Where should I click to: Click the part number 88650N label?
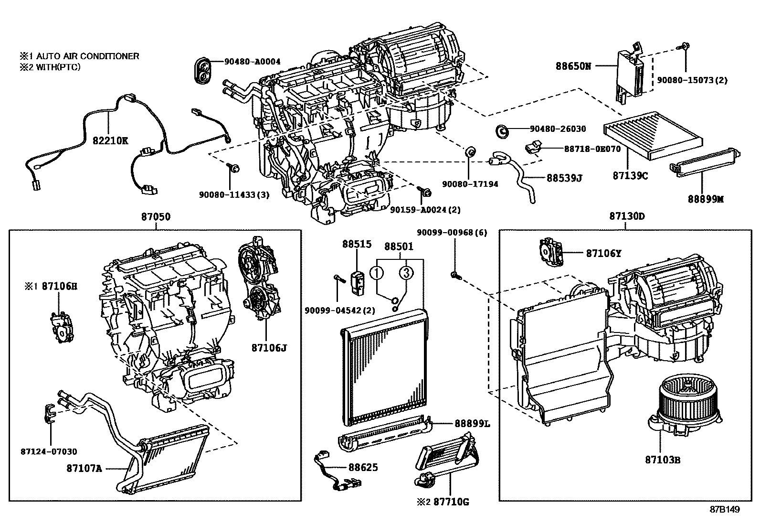click(573, 66)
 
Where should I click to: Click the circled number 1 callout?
click(377, 273)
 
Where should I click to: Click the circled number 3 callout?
click(405, 273)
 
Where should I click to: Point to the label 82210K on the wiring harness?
click(110, 141)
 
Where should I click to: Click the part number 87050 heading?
click(155, 216)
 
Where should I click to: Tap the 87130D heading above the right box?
click(627, 216)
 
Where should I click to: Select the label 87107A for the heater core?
click(84, 468)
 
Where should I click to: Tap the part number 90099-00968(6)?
click(452, 233)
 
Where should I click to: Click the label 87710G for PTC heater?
click(451, 502)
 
